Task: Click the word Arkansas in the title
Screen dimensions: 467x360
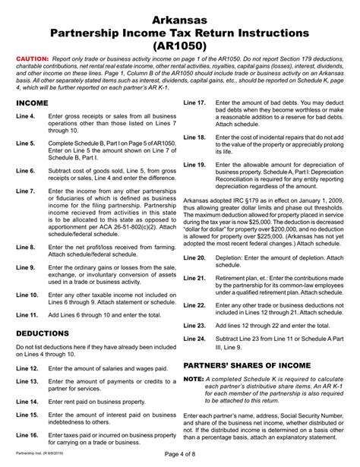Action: click(x=180, y=17)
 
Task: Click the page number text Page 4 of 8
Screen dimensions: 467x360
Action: click(x=180, y=456)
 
